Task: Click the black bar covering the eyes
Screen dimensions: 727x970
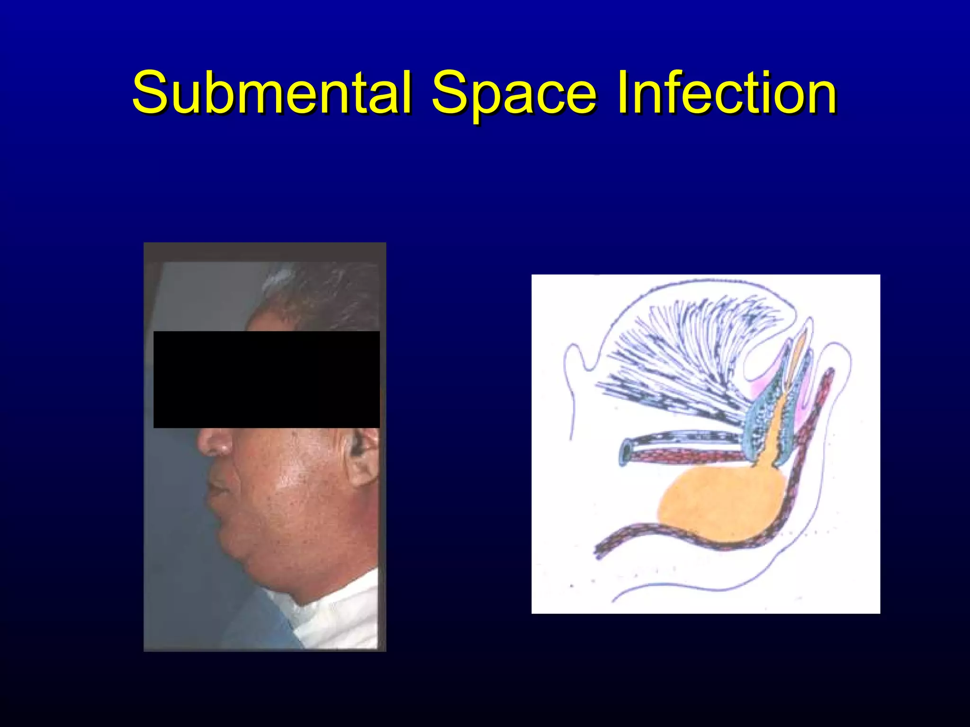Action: (x=266, y=379)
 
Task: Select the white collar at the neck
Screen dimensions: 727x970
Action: (x=341, y=611)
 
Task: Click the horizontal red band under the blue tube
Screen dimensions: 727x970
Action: (x=687, y=457)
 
